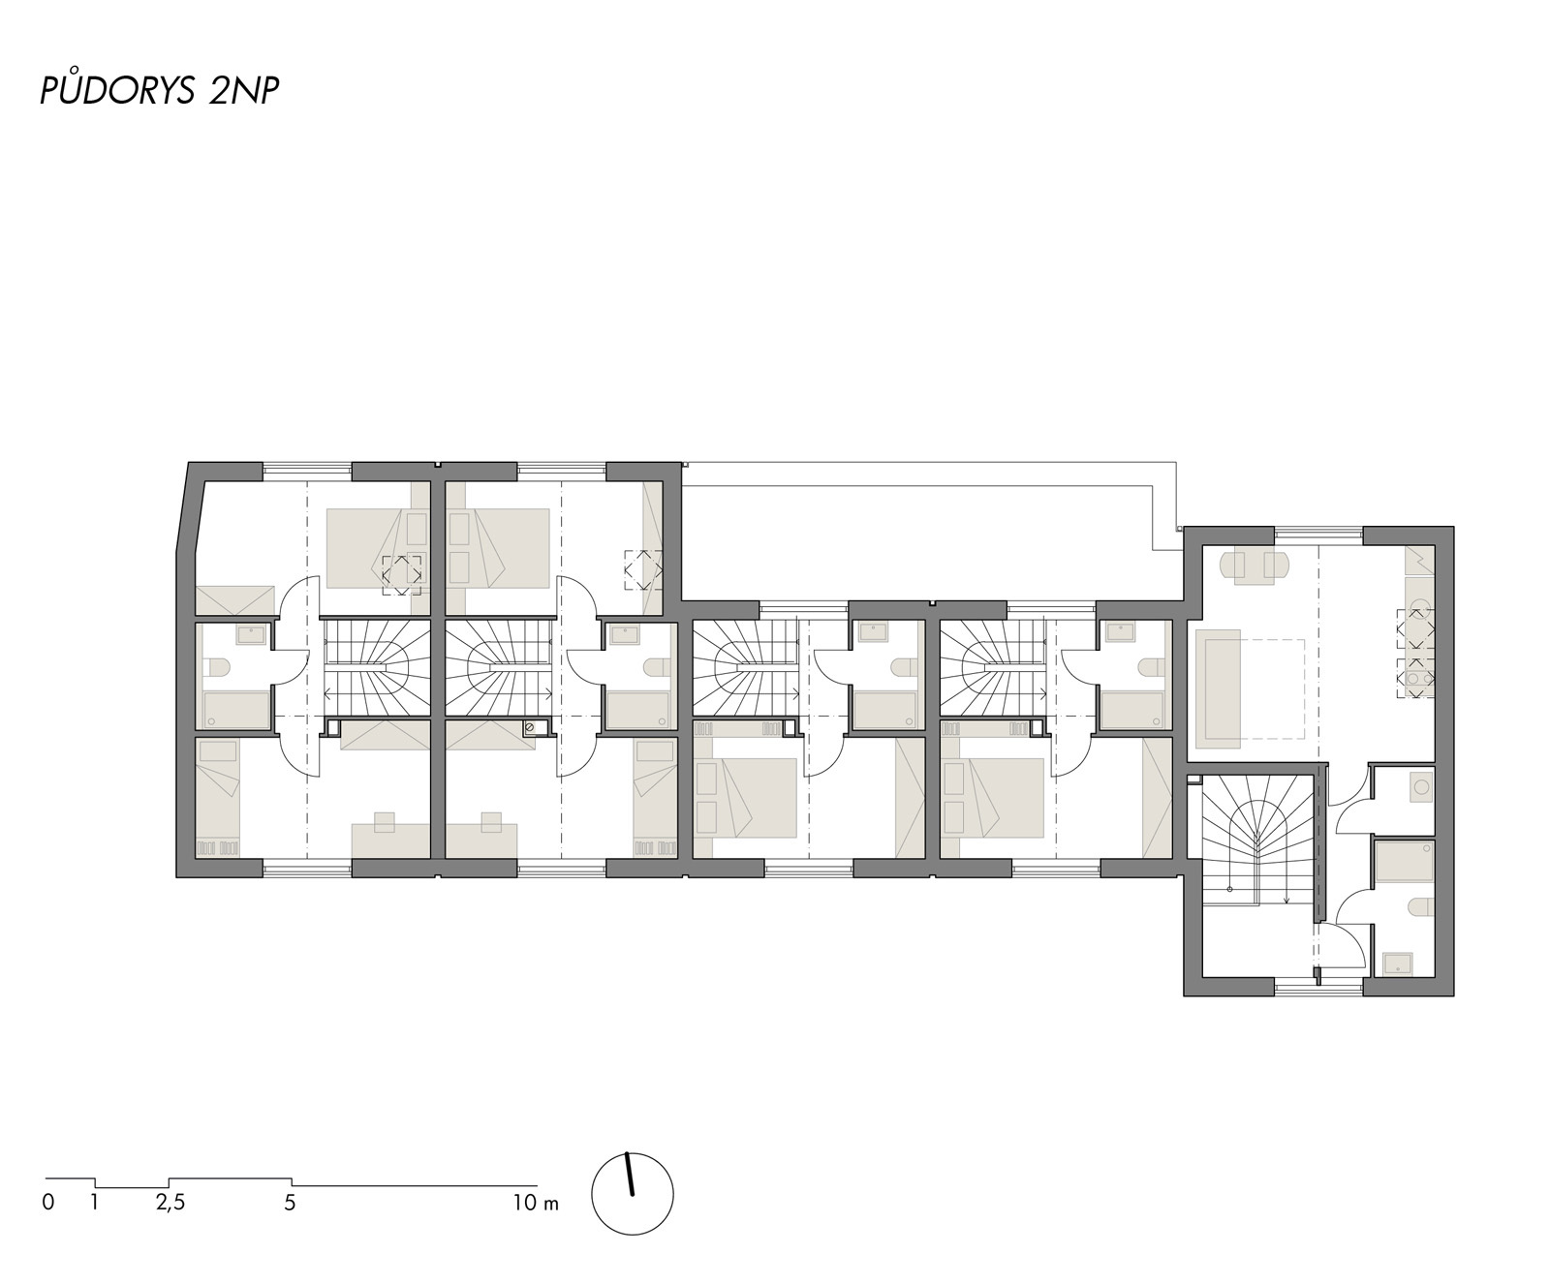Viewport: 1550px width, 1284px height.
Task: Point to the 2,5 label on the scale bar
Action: click(x=170, y=1204)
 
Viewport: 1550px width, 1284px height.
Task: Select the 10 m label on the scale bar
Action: click(x=536, y=1204)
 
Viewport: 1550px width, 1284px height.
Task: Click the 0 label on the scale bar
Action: click(x=47, y=1204)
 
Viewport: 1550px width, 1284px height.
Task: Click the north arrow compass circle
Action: click(x=632, y=1193)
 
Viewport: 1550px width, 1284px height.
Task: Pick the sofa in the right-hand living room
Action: click(x=1218, y=688)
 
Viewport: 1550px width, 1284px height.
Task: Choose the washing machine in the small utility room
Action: click(x=1420, y=785)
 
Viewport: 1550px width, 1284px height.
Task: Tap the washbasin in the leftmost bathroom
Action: click(x=253, y=634)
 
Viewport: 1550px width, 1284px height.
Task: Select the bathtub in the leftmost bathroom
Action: click(x=237, y=710)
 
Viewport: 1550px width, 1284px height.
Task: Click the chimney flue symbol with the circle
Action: click(x=529, y=728)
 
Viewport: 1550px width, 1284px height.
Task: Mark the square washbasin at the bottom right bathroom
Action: click(x=1397, y=963)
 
